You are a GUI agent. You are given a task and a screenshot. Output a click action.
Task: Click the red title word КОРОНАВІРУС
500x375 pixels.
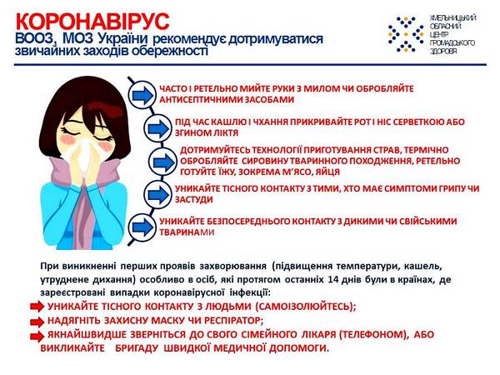(x=92, y=22)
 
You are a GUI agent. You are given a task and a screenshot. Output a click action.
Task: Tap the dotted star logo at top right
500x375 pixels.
(x=406, y=34)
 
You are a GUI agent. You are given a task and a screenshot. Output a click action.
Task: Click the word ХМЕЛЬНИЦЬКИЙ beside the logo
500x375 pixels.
(x=452, y=18)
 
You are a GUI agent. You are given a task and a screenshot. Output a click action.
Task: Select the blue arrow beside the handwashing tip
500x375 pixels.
(x=142, y=95)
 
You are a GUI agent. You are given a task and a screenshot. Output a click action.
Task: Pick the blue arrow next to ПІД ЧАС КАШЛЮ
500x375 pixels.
(x=158, y=128)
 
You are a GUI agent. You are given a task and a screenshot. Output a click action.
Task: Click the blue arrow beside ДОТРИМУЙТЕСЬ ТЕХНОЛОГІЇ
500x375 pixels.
(x=163, y=162)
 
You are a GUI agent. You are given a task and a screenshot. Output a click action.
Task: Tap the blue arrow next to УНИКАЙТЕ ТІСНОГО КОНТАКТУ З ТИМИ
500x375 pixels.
(x=158, y=194)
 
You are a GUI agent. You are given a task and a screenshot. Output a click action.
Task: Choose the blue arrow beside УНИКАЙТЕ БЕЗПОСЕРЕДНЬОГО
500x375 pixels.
(x=142, y=227)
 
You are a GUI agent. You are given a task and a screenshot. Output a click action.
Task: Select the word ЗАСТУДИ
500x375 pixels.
(x=193, y=200)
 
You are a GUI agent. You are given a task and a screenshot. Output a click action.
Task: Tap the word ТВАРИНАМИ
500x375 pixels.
(x=187, y=232)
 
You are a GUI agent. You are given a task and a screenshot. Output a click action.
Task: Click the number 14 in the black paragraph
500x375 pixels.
(x=332, y=280)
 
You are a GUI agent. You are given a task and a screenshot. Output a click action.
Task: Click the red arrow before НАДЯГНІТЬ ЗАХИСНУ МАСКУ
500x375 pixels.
(x=37, y=322)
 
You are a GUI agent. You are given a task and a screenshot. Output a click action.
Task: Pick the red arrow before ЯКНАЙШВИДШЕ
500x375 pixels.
(x=37, y=336)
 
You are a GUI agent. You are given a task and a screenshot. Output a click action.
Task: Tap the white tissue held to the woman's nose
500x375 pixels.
(x=83, y=157)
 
